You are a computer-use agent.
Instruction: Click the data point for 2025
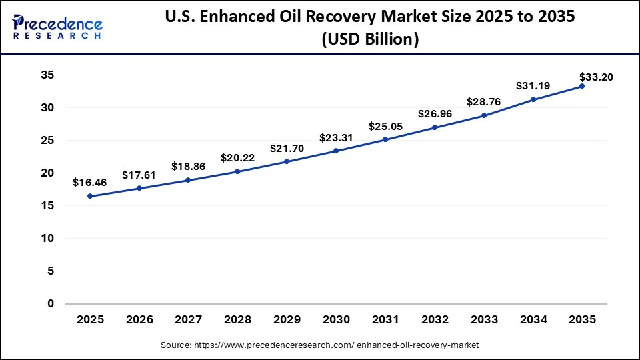coord(90,196)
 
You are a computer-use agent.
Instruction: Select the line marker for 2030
coord(336,151)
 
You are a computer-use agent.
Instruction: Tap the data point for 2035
coord(582,86)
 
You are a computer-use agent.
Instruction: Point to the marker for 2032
coord(435,127)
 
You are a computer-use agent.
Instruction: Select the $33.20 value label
coord(596,77)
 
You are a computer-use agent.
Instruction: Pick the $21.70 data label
coord(287,148)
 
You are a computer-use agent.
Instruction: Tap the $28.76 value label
coord(484,102)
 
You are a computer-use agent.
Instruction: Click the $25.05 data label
coord(385,127)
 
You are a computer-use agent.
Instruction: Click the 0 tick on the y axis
coord(50,304)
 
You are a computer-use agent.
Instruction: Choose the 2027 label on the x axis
coord(189,320)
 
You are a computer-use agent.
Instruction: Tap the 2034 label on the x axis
coord(533,320)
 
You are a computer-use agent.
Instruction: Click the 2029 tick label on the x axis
coord(287,320)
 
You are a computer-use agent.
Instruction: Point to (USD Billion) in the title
coord(370,40)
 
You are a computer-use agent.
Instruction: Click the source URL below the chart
coord(320,345)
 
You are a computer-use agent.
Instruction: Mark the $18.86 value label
coord(189,166)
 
